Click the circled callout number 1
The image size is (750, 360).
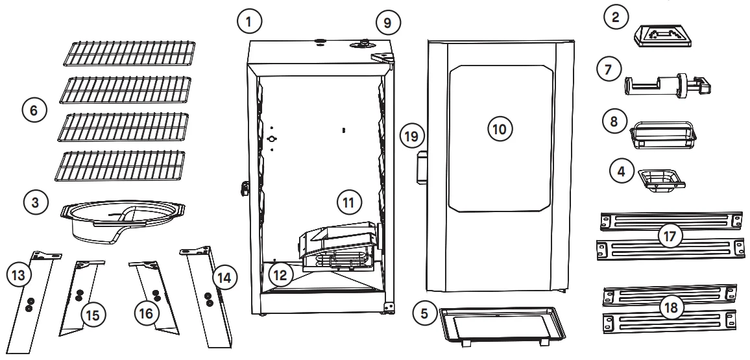(250, 21)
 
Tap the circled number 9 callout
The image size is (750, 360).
(387, 21)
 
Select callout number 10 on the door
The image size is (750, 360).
(500, 128)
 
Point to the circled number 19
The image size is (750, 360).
(413, 136)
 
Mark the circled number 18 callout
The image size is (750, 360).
(669, 307)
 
